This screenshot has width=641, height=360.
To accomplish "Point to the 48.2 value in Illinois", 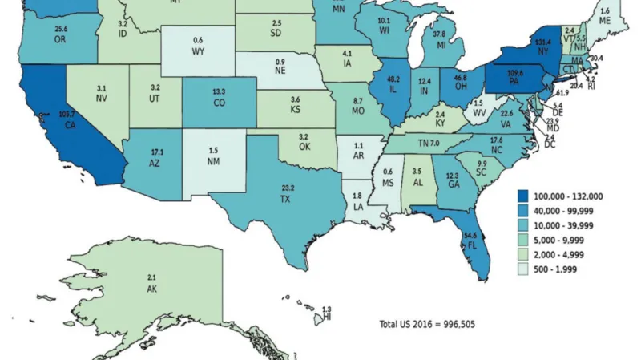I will point(393,80).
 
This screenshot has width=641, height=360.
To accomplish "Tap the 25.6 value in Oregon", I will point(61,29).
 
